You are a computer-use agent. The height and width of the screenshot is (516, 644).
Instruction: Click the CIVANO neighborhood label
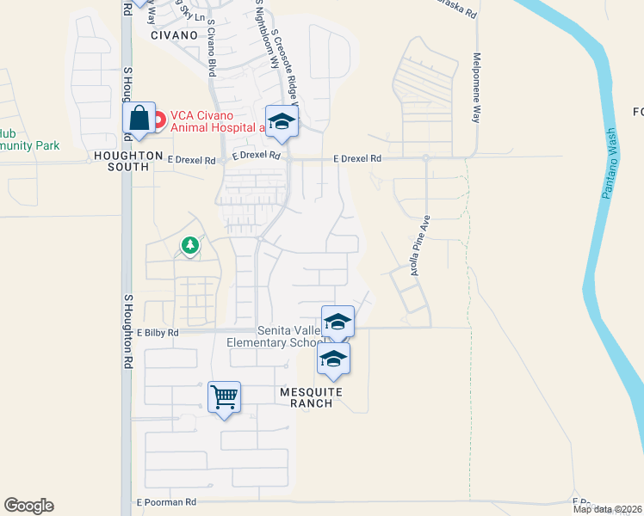[x=174, y=35]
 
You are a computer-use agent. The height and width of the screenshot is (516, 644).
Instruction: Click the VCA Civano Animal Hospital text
[x=217, y=121]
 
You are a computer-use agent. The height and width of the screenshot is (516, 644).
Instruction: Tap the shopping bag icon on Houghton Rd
[x=139, y=120]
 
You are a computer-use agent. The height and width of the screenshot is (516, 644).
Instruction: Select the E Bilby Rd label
[x=158, y=332]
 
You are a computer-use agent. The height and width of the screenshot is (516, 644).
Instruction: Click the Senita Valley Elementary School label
[x=274, y=337]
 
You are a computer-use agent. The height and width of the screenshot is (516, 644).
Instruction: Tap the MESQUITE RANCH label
[x=311, y=398]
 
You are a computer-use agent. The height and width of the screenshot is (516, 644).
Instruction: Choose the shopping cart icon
[x=224, y=396]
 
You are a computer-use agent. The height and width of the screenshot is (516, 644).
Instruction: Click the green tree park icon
[x=189, y=246]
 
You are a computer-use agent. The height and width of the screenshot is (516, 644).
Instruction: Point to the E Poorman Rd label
[x=166, y=501]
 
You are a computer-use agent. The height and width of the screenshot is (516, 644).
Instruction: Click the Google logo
[x=28, y=506]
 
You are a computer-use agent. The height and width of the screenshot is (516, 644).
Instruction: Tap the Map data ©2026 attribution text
[x=607, y=509]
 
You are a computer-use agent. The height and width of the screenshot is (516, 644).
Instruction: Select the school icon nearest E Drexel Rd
[x=282, y=121]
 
